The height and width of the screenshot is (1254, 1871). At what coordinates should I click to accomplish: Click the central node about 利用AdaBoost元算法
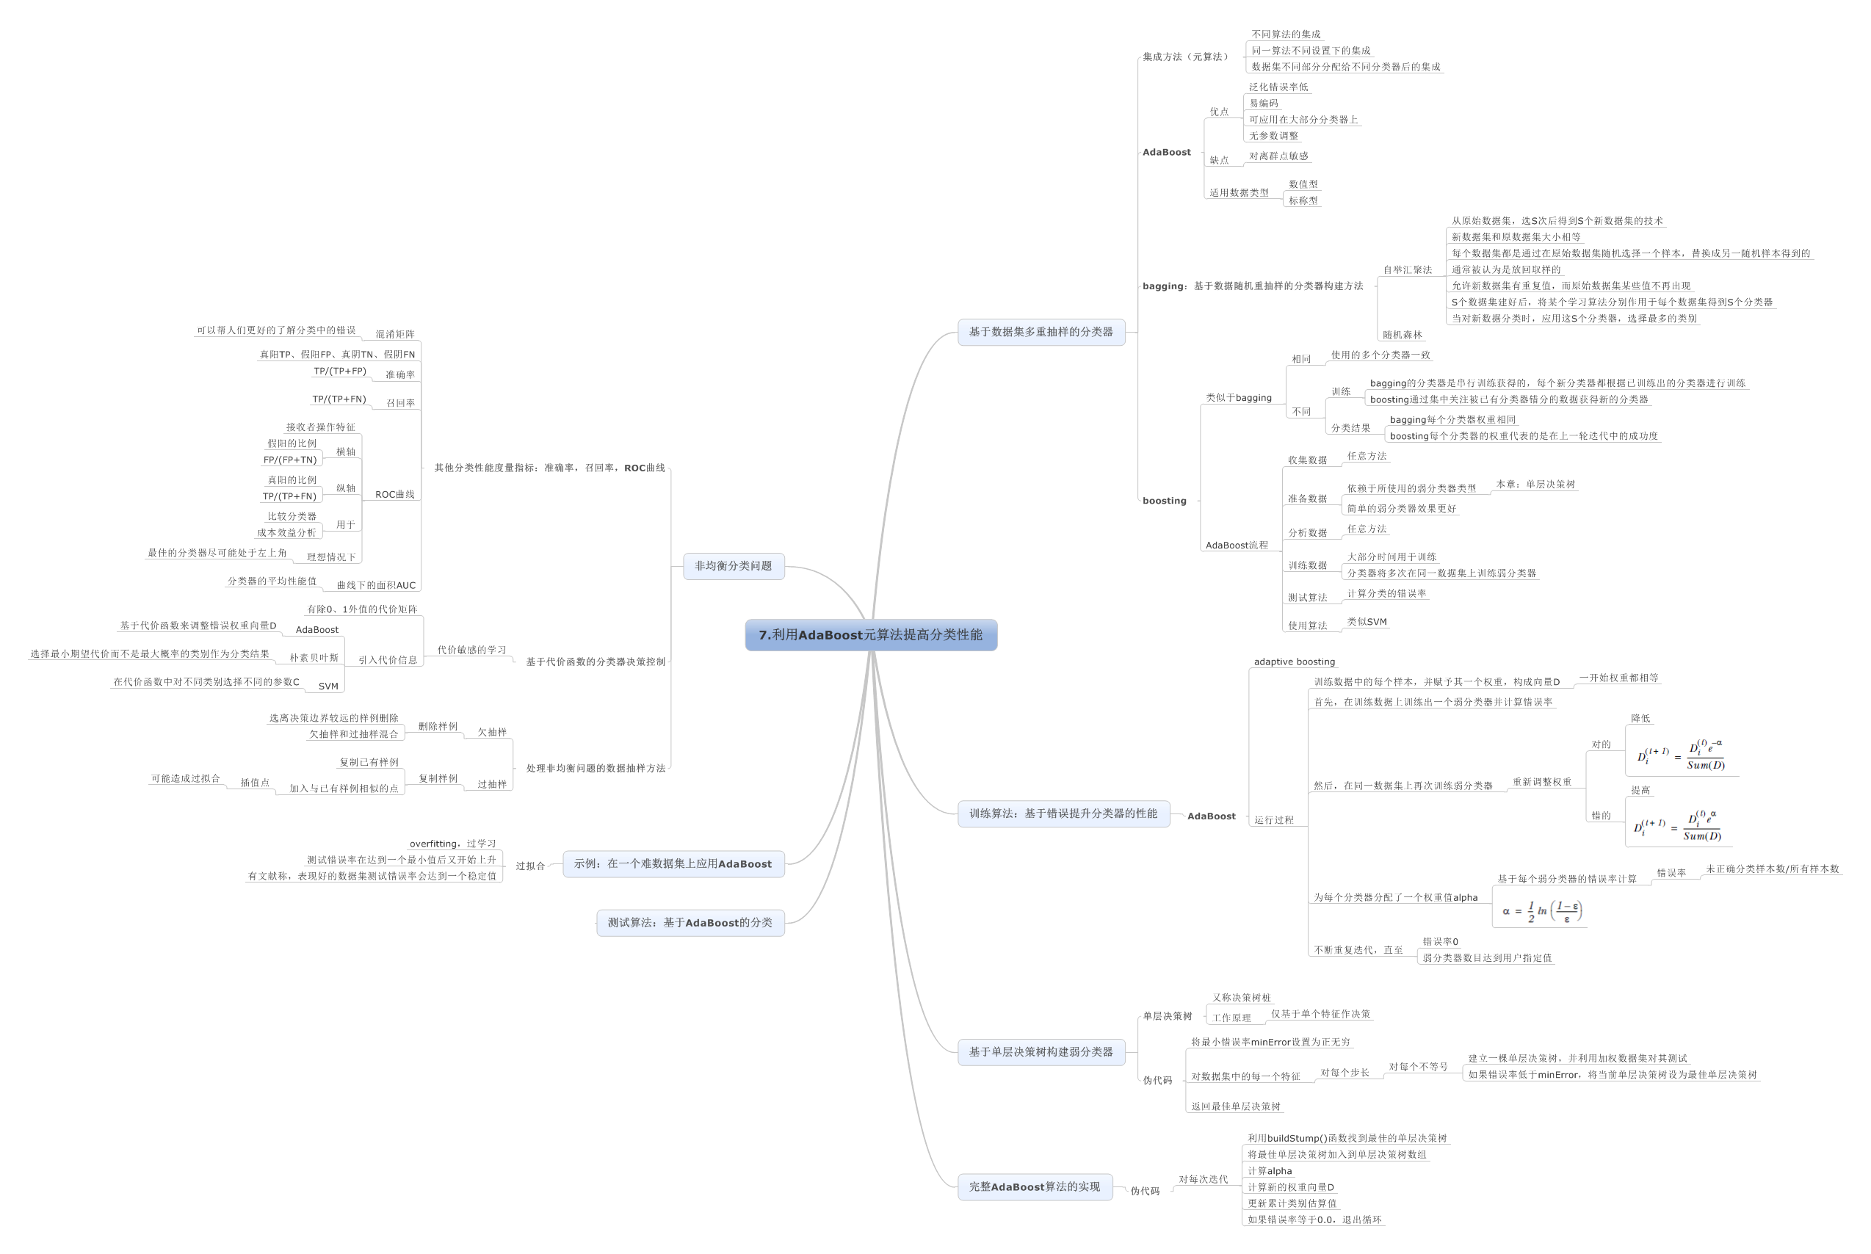click(x=871, y=635)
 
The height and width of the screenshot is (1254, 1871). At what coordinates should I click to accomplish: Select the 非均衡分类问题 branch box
click(x=734, y=566)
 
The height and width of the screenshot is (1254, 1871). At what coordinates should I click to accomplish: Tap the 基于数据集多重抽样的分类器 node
click(x=1041, y=332)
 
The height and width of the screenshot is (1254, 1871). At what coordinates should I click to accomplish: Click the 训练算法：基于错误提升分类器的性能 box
click(x=1063, y=813)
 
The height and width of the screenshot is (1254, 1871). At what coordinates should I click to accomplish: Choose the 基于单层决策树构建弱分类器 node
click(x=1041, y=1051)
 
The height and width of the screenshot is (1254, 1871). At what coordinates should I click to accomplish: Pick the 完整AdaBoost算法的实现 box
click(x=1035, y=1186)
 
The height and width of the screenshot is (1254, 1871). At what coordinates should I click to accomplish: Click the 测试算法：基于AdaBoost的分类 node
click(x=690, y=923)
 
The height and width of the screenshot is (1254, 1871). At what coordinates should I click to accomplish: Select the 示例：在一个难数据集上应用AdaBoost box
click(x=673, y=863)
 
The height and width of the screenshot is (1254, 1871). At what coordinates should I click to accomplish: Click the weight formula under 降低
click(x=1681, y=755)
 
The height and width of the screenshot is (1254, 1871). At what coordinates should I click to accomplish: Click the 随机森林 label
click(x=1403, y=335)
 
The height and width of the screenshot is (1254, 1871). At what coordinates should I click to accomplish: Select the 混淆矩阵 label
click(x=395, y=334)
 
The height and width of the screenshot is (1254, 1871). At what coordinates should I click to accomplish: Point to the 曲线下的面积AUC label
click(x=376, y=585)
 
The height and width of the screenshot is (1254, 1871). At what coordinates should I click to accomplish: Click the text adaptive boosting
click(x=1295, y=662)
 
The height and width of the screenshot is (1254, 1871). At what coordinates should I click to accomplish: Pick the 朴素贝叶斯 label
click(x=314, y=658)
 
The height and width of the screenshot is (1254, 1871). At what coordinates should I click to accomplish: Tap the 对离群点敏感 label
click(x=1278, y=156)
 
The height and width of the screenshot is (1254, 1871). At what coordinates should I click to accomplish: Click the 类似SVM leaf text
click(x=1367, y=622)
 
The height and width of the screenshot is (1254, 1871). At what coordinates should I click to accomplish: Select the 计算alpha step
click(x=1270, y=1171)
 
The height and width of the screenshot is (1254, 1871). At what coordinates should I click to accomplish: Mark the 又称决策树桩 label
click(x=1242, y=998)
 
